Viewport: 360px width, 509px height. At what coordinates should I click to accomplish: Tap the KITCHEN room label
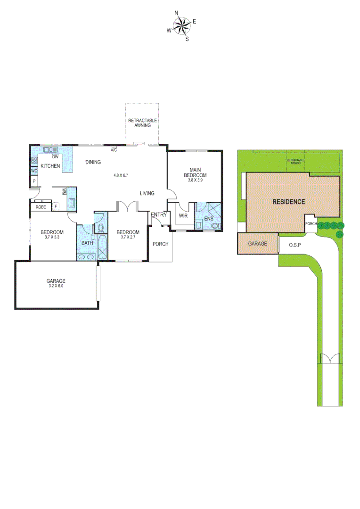[50, 166]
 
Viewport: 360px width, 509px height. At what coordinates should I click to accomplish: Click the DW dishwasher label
[55, 157]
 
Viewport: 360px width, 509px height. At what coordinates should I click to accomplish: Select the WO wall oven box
[34, 171]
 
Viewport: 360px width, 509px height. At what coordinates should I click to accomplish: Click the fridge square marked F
[56, 206]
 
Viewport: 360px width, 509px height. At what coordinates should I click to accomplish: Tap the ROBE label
[41, 207]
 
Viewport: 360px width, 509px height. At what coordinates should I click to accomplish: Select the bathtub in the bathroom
[102, 246]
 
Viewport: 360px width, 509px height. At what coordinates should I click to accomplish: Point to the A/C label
[114, 150]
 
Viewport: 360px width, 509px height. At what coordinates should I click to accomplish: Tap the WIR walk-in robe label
[183, 216]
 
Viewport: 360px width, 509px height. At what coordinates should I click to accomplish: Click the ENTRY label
[159, 215]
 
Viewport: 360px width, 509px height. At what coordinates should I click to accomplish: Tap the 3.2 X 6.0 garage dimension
[56, 286]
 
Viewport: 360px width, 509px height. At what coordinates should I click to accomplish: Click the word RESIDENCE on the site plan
[289, 202]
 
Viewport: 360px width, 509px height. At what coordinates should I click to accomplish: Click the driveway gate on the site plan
[329, 359]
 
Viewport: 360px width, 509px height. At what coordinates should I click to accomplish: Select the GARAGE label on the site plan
[258, 244]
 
